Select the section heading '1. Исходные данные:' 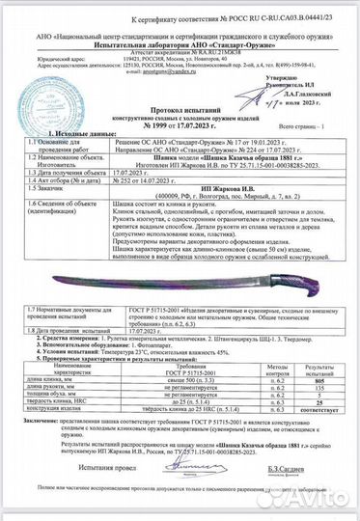pos(55,115)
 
